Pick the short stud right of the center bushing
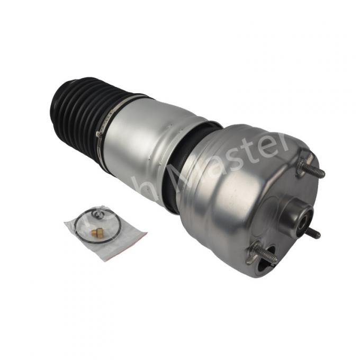click(313, 232)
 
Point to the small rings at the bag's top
click(93, 214)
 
